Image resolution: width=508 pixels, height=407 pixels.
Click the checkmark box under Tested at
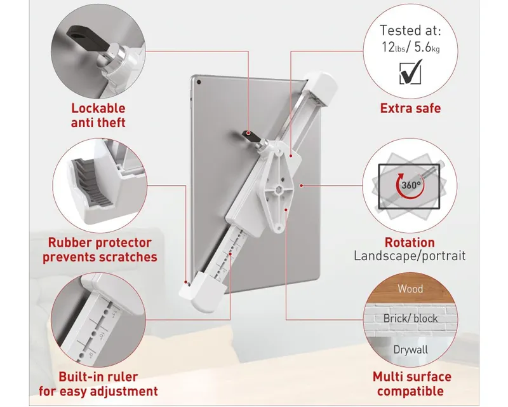pos(411,72)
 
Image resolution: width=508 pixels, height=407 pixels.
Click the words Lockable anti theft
pos(98,115)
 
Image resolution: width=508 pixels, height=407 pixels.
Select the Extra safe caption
pos(410,108)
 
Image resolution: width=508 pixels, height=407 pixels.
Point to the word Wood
pos(410,289)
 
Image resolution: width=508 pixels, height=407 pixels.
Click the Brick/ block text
pos(410,319)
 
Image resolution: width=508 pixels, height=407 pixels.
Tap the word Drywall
pos(410,350)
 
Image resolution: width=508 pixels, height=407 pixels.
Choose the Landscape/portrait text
pos(410,256)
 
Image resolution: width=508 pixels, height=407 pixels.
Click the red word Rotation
pos(410,242)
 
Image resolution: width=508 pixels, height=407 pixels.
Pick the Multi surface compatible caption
pos(411,383)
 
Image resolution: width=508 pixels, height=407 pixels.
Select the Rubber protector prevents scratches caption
pos(100,249)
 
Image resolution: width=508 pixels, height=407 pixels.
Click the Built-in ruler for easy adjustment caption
pos(98,384)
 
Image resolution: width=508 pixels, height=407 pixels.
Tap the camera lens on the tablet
pos(199,82)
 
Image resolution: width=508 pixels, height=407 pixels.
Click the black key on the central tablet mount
pos(250,135)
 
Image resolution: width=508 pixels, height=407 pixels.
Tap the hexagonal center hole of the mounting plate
pos(277,188)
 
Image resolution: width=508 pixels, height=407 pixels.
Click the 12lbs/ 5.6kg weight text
pos(410,48)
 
